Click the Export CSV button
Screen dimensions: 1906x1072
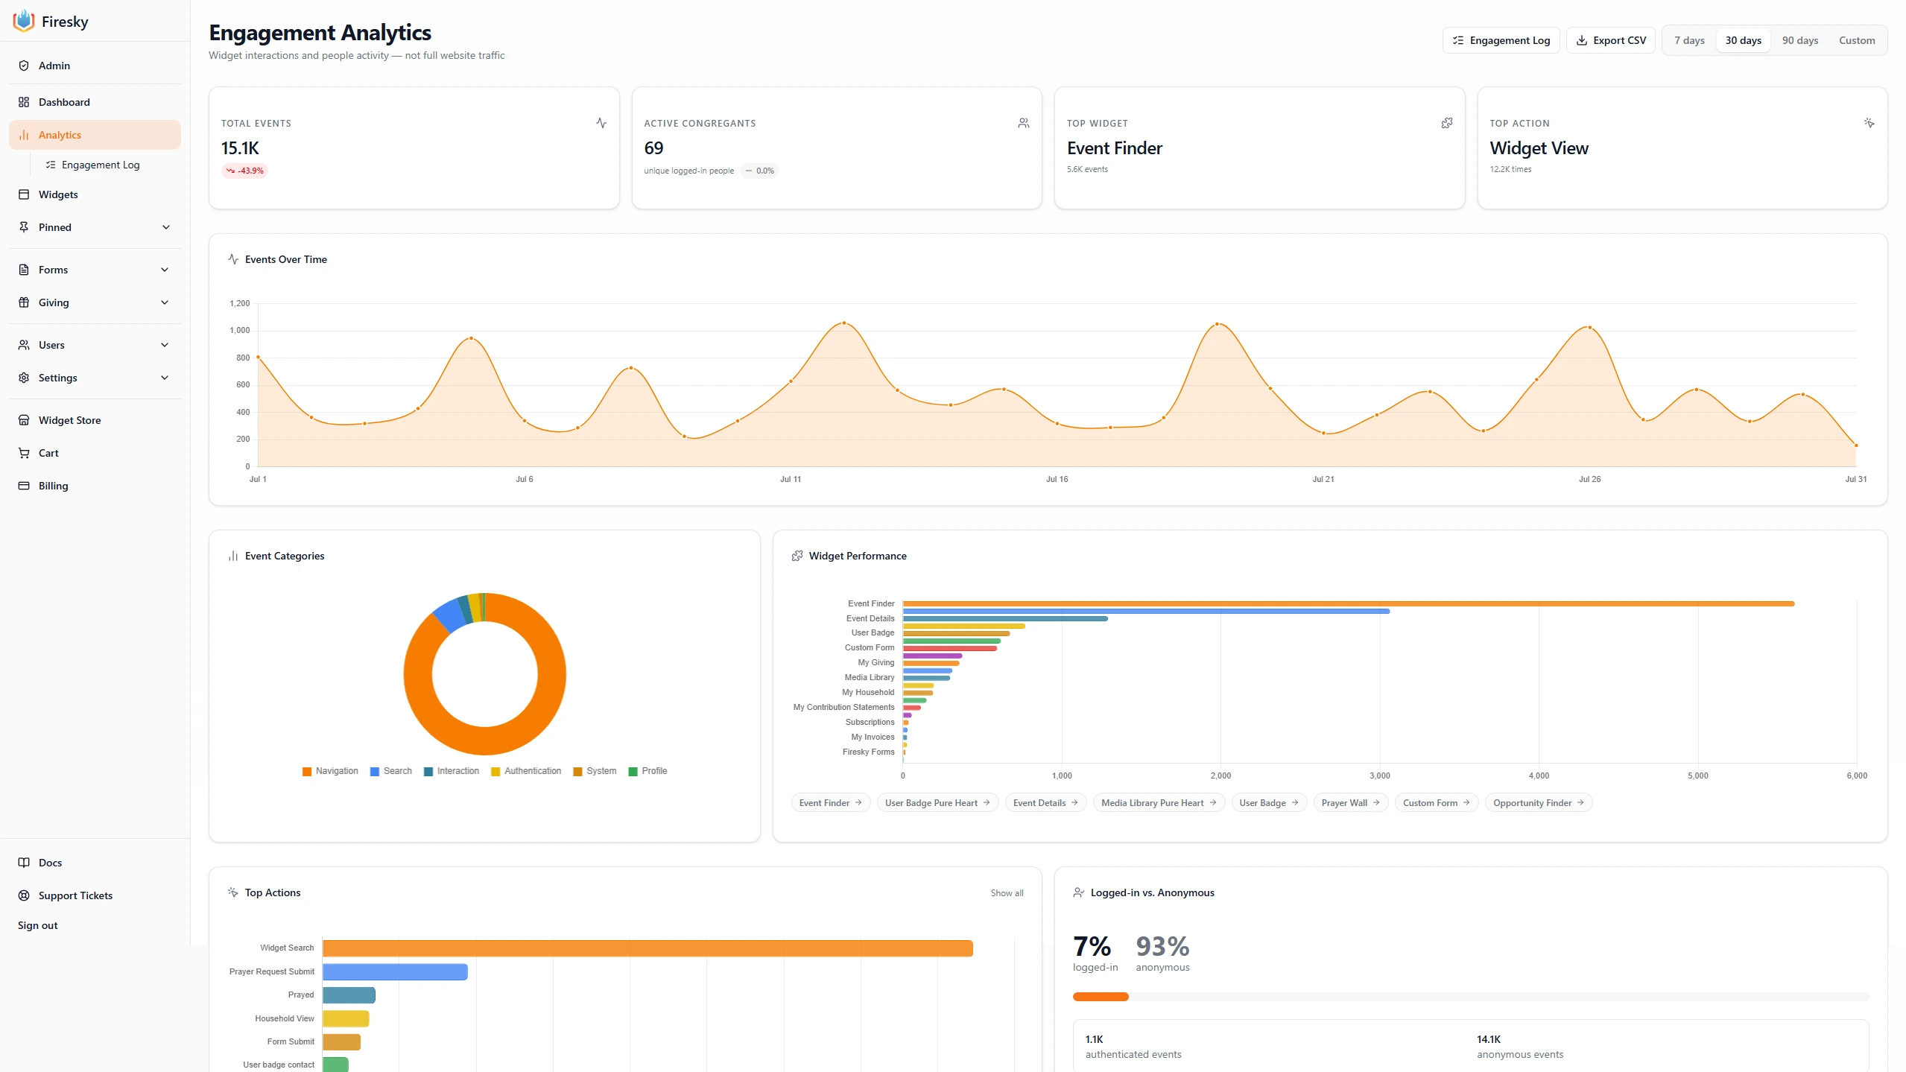tap(1610, 40)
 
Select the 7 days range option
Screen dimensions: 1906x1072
tap(1689, 40)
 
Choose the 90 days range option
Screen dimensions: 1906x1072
tap(1799, 40)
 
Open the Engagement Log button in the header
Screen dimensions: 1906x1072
tap(1501, 40)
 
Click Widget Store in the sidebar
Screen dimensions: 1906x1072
tap(69, 420)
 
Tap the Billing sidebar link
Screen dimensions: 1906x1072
tap(53, 486)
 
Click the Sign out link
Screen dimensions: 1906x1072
tap(37, 925)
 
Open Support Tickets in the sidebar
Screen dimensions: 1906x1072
tap(75, 895)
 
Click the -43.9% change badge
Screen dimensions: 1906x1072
tap(244, 171)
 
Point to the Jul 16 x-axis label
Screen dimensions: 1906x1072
tap(1057, 479)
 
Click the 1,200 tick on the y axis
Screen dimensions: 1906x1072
tap(240, 303)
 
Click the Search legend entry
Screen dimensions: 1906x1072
tap(391, 771)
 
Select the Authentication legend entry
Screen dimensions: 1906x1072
tap(526, 771)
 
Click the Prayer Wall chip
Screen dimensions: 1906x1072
tap(1350, 802)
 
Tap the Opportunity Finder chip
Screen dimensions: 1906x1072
tap(1538, 802)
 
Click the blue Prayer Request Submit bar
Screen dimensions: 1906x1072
tap(395, 971)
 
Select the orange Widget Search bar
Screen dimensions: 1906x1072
tap(648, 948)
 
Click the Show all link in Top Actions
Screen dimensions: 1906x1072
tap(1007, 892)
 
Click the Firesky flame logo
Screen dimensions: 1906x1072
tap(24, 21)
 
